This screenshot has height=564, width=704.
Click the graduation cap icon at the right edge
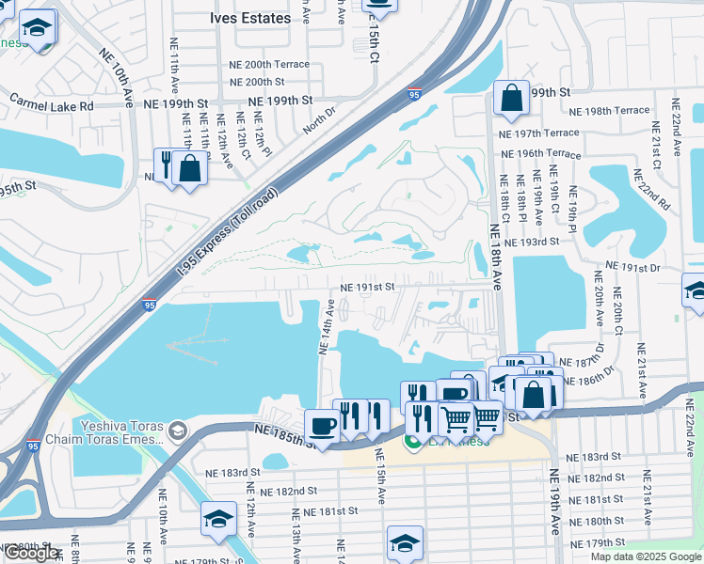[696, 290]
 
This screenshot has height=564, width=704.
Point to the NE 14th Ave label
[328, 327]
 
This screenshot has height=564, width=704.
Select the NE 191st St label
[366, 287]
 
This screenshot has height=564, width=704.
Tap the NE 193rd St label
[532, 242]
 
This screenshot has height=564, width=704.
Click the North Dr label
[320, 120]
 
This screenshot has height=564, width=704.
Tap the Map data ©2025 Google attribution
[645, 556]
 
